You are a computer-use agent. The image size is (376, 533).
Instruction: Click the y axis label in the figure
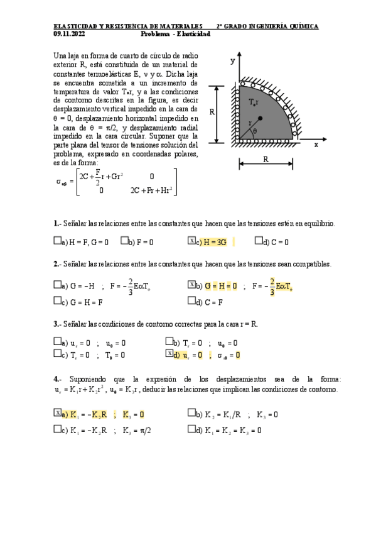click(232, 61)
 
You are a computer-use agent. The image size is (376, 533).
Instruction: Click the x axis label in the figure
click(316, 144)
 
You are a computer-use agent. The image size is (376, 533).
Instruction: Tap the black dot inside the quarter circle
click(260, 119)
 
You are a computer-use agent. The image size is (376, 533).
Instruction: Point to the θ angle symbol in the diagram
click(254, 131)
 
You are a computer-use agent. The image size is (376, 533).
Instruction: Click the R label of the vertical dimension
click(213, 113)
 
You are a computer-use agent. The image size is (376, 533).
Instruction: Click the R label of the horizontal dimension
click(266, 160)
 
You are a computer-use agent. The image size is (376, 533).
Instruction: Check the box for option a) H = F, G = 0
click(58, 240)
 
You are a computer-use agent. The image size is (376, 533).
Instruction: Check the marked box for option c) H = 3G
click(191, 240)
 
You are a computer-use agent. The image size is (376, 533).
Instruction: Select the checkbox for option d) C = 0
click(259, 240)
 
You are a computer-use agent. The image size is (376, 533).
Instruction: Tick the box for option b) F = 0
click(124, 240)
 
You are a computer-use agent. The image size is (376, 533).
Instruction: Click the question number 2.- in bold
click(57, 264)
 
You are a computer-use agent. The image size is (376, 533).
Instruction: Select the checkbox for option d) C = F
click(191, 301)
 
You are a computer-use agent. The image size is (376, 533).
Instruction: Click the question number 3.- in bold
click(57, 324)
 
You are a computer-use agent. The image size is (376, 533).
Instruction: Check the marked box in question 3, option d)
click(169, 354)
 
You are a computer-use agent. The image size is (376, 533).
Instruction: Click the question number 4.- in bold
click(57, 379)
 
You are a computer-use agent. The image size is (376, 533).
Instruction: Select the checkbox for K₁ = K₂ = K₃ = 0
click(191, 431)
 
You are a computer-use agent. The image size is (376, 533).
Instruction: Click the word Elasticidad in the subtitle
click(194, 34)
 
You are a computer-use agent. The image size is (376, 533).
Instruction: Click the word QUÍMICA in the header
click(302, 26)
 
